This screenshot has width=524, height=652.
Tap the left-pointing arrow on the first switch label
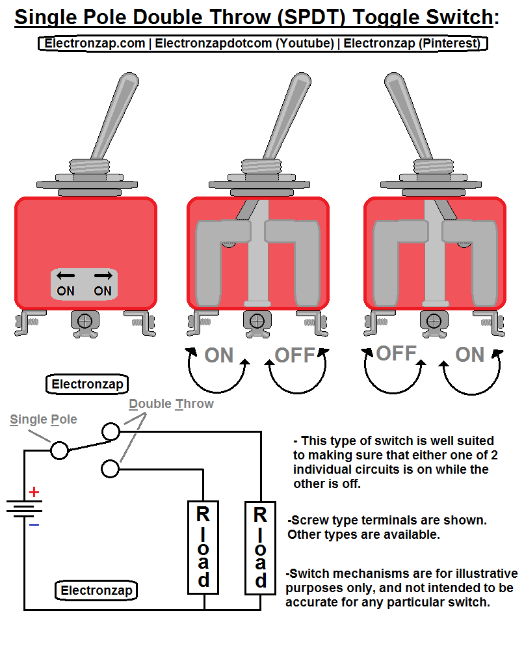click(65, 276)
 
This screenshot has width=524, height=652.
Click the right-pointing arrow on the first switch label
click(103, 276)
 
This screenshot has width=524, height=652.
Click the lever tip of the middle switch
click(300, 83)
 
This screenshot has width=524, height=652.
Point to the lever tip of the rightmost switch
click(393, 83)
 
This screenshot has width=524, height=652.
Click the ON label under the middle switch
click(218, 355)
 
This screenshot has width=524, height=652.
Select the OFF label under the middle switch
click(295, 355)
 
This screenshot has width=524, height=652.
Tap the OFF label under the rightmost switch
click(396, 353)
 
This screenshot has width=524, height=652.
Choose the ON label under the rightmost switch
click(469, 355)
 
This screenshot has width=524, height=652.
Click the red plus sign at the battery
click(34, 492)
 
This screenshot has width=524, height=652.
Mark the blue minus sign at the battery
click(34, 524)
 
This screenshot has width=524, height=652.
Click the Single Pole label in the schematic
click(44, 420)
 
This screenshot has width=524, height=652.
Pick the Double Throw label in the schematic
click(171, 404)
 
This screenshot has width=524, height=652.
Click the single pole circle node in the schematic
click(59, 450)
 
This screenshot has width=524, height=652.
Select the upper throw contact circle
click(111, 431)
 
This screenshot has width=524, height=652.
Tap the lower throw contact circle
click(111, 469)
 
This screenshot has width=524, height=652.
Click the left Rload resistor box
click(203, 547)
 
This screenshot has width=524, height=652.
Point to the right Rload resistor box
click(260, 547)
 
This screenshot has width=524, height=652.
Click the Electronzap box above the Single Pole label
click(87, 385)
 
